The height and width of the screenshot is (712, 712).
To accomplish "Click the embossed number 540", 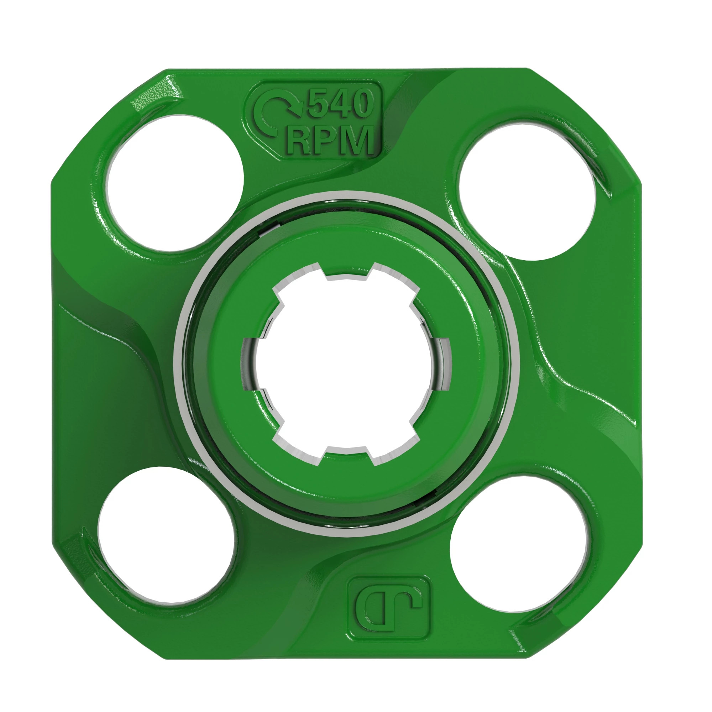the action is coord(338,104).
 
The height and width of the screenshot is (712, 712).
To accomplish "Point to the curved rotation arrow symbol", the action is coord(276,114).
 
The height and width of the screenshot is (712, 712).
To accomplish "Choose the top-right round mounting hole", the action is coord(526,192).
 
